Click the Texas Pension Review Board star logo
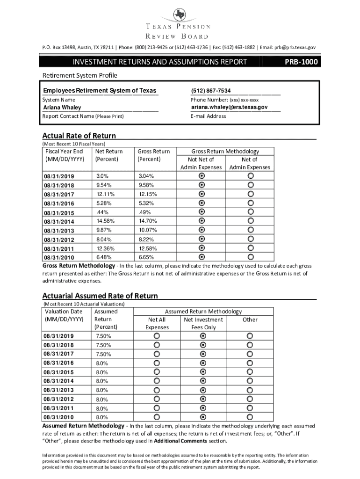coord(180,15)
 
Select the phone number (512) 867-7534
coord(210,91)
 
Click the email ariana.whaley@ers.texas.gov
coord(229,107)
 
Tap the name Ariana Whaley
coord(62,108)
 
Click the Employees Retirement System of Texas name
coord(100,91)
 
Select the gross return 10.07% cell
coord(148,230)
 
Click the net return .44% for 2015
coord(102,212)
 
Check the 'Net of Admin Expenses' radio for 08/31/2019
coord(251,175)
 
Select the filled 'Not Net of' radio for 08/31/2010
coord(202,257)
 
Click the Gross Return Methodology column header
coord(225,152)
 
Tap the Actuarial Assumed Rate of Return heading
coord(100,296)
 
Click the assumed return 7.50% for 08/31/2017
coord(103,354)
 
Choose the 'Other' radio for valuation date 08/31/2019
coord(251,336)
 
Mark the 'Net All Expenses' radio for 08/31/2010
coord(156,417)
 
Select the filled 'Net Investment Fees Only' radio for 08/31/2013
coord(203,390)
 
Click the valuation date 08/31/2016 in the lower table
coord(58,363)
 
